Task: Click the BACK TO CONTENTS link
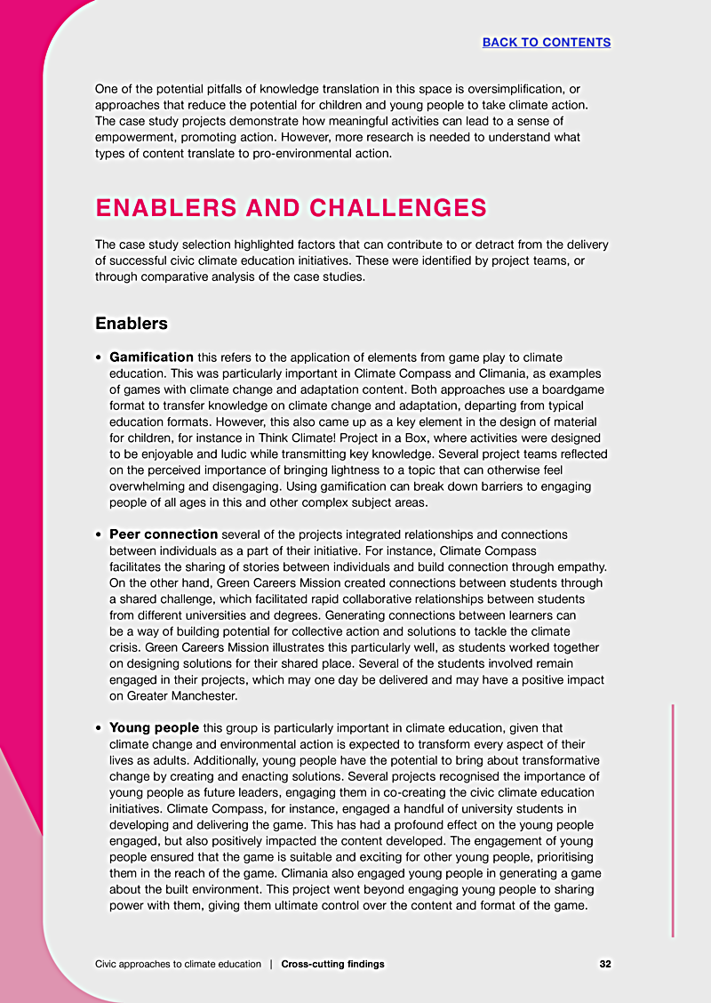coord(546,42)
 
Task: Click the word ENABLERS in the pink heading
coord(166,208)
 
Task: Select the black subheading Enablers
coord(132,323)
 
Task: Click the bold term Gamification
coord(151,357)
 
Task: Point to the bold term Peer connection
coord(164,534)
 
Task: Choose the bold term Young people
coord(154,727)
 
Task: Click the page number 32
coord(604,964)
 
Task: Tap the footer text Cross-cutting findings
coord(332,964)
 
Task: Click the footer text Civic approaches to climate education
coord(178,964)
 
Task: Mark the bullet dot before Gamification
coord(99,357)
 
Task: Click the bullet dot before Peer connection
coord(99,535)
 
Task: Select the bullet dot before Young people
coord(99,728)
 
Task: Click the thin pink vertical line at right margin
coord(673,818)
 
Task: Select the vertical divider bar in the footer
coord(271,964)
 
